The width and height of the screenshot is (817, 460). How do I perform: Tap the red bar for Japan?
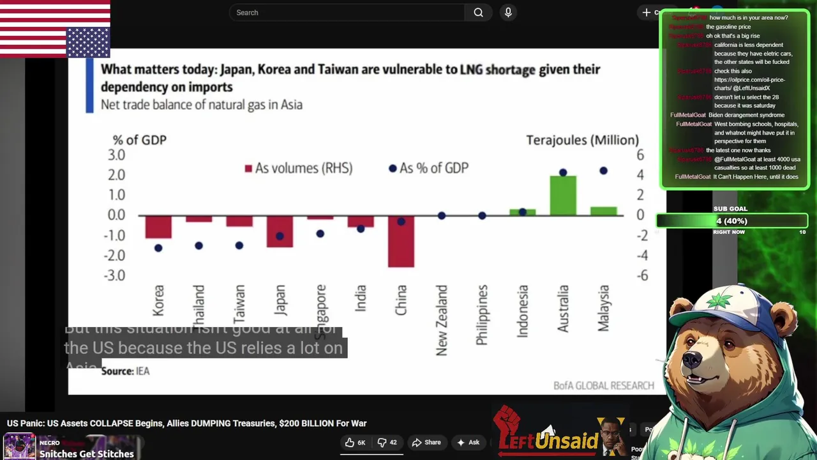click(280, 231)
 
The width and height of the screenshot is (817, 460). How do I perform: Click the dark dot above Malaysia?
click(603, 171)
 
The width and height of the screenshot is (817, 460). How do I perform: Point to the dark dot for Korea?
click(158, 248)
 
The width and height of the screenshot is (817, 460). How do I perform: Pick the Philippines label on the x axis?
click(482, 315)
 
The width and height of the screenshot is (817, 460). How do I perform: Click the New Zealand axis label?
click(442, 320)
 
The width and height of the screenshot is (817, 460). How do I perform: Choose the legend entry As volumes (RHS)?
click(298, 168)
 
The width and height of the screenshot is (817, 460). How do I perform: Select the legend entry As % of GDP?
click(429, 168)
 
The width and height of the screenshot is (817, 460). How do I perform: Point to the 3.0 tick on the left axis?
click(116, 155)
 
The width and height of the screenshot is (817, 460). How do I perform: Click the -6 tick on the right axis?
click(641, 275)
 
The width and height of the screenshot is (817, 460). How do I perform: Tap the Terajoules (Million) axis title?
click(582, 140)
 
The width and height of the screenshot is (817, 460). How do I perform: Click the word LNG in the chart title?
click(471, 69)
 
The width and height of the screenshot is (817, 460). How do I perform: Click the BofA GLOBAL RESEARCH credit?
click(603, 385)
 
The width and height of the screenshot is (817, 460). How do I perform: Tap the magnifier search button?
click(478, 13)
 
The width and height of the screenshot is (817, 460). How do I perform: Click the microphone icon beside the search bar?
click(508, 13)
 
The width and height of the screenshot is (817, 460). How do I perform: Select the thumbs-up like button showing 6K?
click(355, 442)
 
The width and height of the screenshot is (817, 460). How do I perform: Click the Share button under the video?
click(426, 442)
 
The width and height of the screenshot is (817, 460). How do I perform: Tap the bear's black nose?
click(692, 360)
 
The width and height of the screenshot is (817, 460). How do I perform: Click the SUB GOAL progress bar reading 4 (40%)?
click(731, 221)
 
